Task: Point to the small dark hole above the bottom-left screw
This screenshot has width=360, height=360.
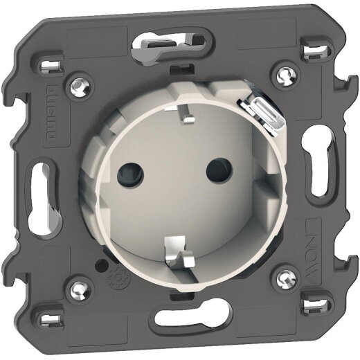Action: [x=101, y=264]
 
